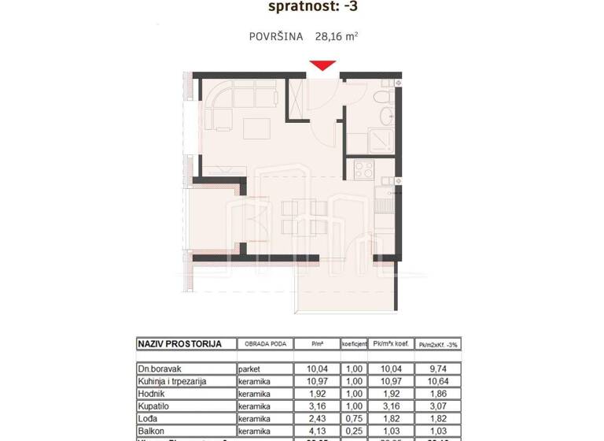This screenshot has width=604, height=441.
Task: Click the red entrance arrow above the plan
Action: tap(322, 66)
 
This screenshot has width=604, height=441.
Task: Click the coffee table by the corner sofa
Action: tap(254, 126)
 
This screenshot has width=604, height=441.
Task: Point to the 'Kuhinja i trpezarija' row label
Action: tap(172, 380)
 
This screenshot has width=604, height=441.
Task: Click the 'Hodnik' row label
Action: tap(152, 393)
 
